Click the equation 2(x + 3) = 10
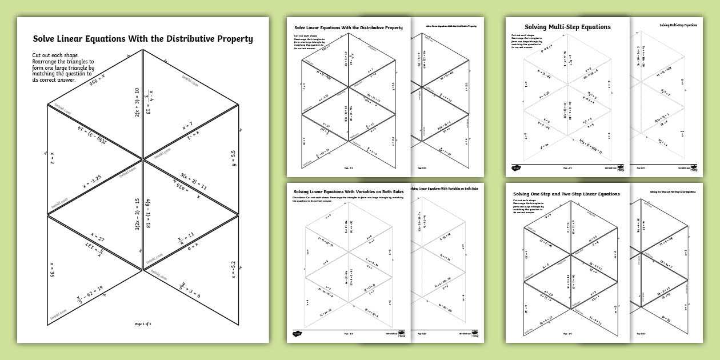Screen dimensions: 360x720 coord(137,103)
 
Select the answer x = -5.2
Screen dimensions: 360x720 coord(233,268)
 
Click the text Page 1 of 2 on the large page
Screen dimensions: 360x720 coord(143,324)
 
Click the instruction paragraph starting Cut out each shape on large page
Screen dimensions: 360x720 coord(63,68)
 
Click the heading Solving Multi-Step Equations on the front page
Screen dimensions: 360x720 coord(567,27)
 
